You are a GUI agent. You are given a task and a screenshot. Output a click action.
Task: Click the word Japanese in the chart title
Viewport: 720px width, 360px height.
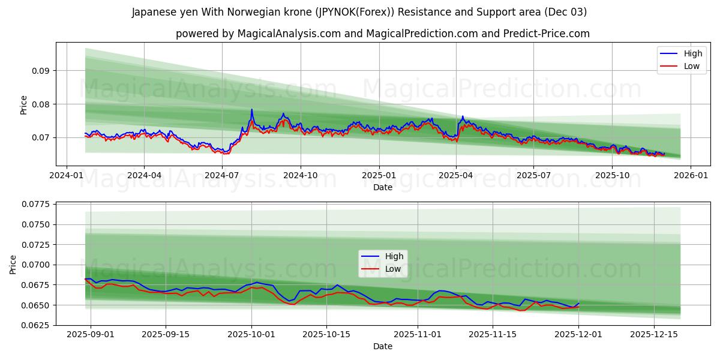(x=154, y=12)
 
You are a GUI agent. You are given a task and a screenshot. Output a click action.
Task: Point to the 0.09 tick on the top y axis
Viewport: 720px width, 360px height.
(x=41, y=71)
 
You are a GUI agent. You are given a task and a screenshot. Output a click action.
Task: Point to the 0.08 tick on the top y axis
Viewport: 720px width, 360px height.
(x=41, y=104)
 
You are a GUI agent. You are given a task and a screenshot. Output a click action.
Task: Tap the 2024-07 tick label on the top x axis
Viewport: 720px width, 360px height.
(x=222, y=175)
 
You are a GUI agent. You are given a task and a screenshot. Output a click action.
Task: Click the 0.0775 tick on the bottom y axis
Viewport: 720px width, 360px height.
(x=36, y=205)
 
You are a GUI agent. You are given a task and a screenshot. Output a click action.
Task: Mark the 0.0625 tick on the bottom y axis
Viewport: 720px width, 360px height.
(x=36, y=325)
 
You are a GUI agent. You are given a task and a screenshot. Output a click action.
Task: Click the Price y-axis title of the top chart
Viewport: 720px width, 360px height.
(x=24, y=104)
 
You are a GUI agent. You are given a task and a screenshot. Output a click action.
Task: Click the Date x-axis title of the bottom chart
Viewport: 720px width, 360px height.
(x=383, y=347)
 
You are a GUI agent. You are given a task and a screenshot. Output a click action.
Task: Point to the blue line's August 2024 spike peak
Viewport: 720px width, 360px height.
(x=251, y=110)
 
